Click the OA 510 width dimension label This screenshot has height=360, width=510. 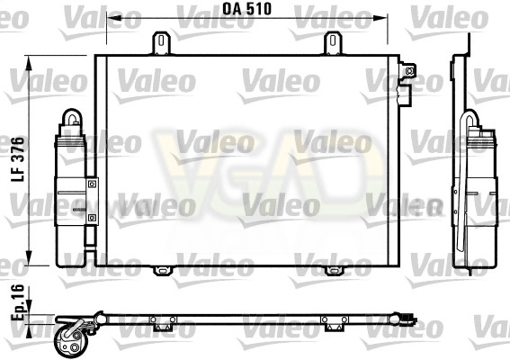(246, 9)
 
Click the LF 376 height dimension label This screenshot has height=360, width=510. (18, 159)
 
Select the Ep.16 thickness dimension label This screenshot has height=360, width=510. (18, 302)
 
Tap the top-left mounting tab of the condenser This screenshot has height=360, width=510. (161, 43)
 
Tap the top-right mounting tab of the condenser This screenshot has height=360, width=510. (333, 43)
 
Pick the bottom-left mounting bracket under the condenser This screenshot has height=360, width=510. (162, 271)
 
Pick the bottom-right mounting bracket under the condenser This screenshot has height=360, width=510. (334, 271)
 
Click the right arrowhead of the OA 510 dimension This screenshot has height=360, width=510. (380, 18)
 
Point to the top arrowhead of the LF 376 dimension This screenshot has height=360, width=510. (29, 63)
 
